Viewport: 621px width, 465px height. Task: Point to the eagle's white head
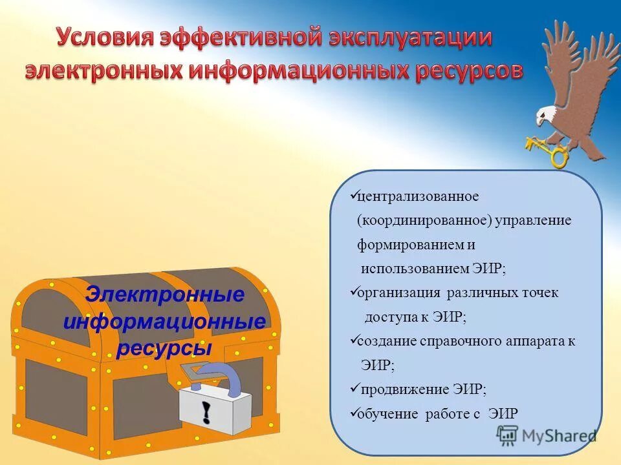tap(547, 116)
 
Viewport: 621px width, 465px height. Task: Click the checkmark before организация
tap(353, 292)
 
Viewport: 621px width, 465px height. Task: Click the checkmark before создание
tap(353, 340)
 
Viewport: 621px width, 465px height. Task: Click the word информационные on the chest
tap(164, 322)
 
